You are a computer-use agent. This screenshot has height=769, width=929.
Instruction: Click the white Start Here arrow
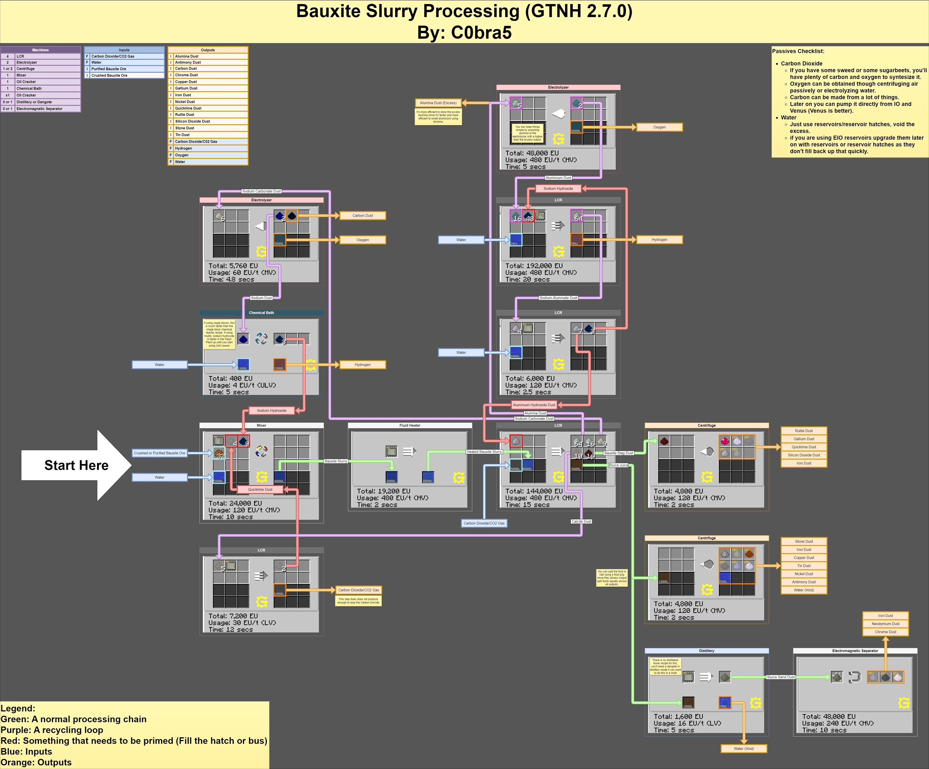(x=76, y=465)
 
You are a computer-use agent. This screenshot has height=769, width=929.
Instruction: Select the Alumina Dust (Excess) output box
(x=438, y=103)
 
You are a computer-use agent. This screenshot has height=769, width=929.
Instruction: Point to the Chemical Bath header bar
(x=262, y=313)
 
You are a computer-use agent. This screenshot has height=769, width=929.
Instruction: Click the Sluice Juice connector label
(x=618, y=465)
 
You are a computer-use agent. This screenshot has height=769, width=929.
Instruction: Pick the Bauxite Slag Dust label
(x=618, y=453)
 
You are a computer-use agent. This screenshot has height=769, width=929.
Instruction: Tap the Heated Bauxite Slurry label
(x=484, y=452)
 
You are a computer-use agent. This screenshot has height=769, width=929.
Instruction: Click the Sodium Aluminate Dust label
(x=558, y=298)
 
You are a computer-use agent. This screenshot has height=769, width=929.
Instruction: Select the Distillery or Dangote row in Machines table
(x=34, y=102)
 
